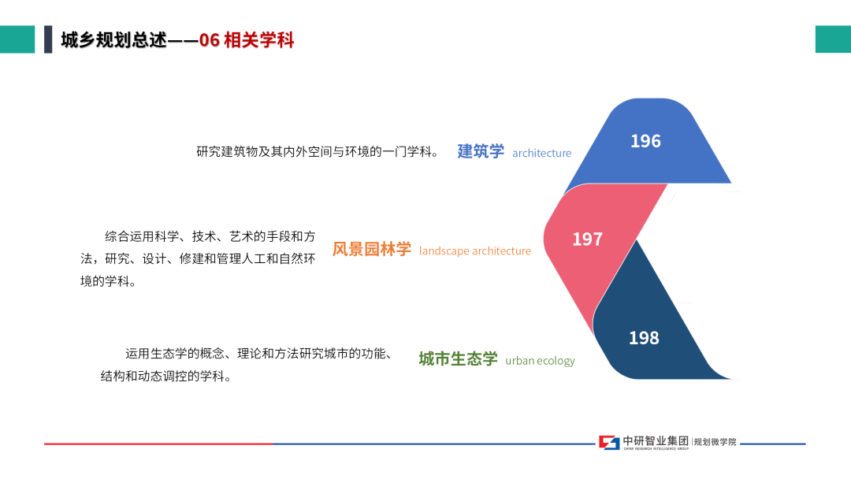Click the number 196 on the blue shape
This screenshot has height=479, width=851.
tap(645, 141)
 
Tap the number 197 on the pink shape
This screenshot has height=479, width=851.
tap(587, 239)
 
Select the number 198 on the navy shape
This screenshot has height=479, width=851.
tap(644, 338)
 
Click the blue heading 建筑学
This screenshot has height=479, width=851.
tap(481, 151)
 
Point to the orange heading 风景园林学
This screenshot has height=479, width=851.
tap(372, 249)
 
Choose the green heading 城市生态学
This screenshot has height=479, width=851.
tap(458, 358)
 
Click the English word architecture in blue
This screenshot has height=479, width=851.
tap(541, 153)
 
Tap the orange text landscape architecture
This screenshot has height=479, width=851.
tap(475, 251)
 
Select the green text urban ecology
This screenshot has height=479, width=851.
tap(540, 361)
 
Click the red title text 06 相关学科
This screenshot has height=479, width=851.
tap(247, 40)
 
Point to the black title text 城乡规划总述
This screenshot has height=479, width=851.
tap(113, 40)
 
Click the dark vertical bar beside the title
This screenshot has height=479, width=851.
tap(48, 39)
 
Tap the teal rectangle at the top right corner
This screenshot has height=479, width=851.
tap(833, 39)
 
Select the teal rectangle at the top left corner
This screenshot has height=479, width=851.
tap(17, 39)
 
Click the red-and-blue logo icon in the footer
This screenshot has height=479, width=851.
tap(609, 443)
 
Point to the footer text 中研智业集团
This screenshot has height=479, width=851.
tap(656, 441)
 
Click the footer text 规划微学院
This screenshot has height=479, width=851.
tap(715, 442)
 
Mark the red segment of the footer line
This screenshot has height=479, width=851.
tap(158, 444)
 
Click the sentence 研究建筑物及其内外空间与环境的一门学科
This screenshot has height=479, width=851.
tap(318, 151)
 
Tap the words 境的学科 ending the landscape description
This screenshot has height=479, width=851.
tap(107, 281)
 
